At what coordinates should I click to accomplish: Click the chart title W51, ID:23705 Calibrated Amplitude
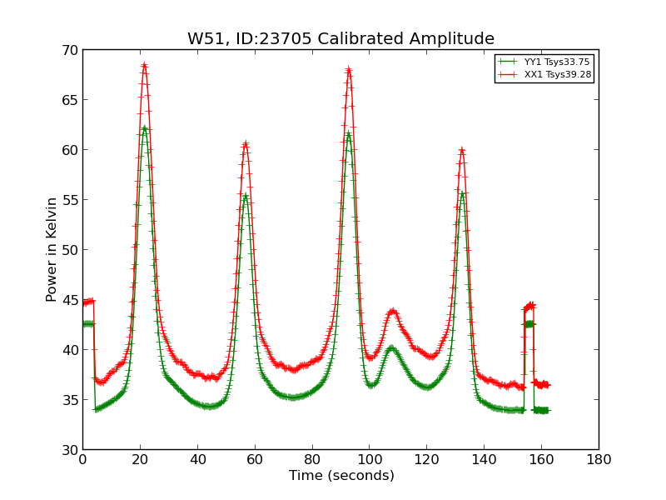point(340,39)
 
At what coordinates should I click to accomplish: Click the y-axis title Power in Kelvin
point(52,249)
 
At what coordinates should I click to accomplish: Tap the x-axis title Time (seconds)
point(341,476)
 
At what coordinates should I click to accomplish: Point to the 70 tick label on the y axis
point(69,50)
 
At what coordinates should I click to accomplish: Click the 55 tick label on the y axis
point(69,200)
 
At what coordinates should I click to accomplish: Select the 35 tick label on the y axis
point(69,400)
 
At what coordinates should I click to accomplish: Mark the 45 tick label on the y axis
point(69,300)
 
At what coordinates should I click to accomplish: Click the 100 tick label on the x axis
point(369,459)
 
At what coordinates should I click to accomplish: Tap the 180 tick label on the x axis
point(599,459)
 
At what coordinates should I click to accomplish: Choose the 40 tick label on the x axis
point(197,459)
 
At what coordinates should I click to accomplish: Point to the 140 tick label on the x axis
point(484,459)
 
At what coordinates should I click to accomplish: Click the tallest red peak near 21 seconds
point(144,65)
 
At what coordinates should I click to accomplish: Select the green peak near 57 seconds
point(246,196)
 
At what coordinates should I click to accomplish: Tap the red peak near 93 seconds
point(348,70)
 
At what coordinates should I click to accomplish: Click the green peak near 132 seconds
point(462,194)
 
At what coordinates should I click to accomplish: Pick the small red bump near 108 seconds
point(392,312)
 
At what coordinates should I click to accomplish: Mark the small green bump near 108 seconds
point(391,348)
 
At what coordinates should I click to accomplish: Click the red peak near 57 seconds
point(246,144)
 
